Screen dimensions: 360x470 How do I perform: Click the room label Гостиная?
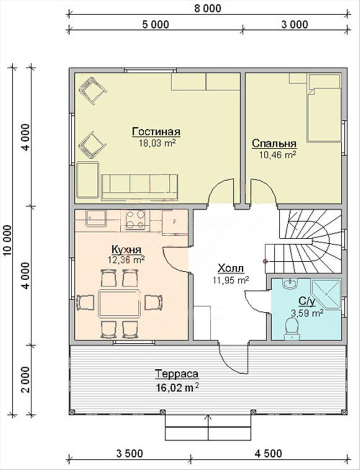(x=156, y=132)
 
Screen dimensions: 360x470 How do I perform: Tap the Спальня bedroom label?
(x=274, y=143)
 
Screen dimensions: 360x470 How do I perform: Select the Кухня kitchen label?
(x=126, y=249)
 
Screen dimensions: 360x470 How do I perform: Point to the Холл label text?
(x=230, y=268)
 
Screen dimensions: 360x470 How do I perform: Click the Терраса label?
(x=177, y=374)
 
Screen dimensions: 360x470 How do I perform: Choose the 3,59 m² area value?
(x=307, y=313)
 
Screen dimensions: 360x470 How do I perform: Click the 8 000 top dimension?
(x=207, y=8)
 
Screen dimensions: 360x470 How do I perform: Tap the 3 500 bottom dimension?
(x=129, y=453)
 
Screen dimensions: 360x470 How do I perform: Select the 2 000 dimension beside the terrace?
(x=26, y=380)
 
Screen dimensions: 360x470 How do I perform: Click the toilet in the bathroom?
(x=291, y=328)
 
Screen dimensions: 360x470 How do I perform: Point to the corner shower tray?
(x=326, y=294)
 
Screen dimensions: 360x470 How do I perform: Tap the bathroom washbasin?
(x=290, y=283)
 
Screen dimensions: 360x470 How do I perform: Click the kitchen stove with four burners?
(x=135, y=219)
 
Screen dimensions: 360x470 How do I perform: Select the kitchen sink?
(x=96, y=218)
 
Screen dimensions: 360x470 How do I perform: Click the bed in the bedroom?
(x=324, y=108)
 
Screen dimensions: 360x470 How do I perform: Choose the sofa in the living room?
(x=139, y=187)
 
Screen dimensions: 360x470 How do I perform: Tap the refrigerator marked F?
(x=175, y=222)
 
